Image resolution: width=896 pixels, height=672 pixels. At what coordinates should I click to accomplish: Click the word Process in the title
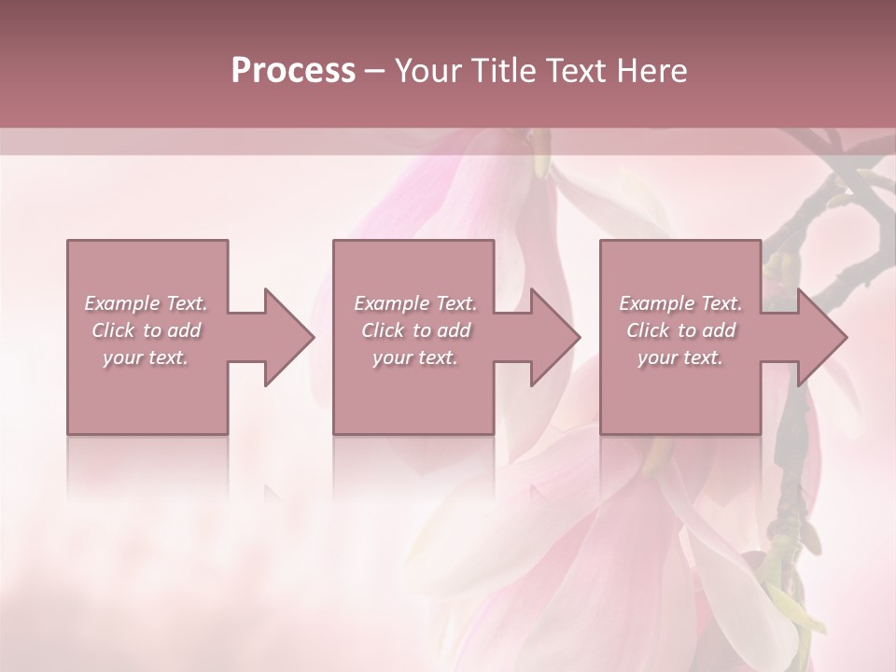click(x=293, y=71)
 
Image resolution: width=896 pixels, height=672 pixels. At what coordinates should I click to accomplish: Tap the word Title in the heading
click(x=497, y=71)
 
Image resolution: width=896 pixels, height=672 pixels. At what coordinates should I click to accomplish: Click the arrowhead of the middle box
click(x=554, y=337)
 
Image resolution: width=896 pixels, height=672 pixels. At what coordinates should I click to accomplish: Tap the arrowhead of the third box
click(x=821, y=337)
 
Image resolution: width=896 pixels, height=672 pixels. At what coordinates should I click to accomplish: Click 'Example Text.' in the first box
click(x=146, y=303)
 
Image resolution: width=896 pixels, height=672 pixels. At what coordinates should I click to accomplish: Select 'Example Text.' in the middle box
click(x=415, y=303)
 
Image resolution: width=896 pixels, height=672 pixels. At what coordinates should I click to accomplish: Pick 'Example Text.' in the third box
click(x=680, y=303)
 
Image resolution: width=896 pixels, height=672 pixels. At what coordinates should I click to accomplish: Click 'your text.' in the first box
click(x=146, y=357)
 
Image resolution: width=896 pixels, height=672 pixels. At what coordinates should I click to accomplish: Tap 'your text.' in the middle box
click(x=415, y=357)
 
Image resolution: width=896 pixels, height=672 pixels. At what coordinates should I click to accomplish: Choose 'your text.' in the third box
click(x=680, y=357)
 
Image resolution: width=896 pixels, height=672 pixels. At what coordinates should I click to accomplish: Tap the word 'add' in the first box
click(x=185, y=330)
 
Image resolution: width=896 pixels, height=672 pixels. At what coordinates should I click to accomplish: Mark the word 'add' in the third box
click(x=720, y=330)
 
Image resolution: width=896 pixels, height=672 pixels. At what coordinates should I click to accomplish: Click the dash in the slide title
click(x=374, y=71)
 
